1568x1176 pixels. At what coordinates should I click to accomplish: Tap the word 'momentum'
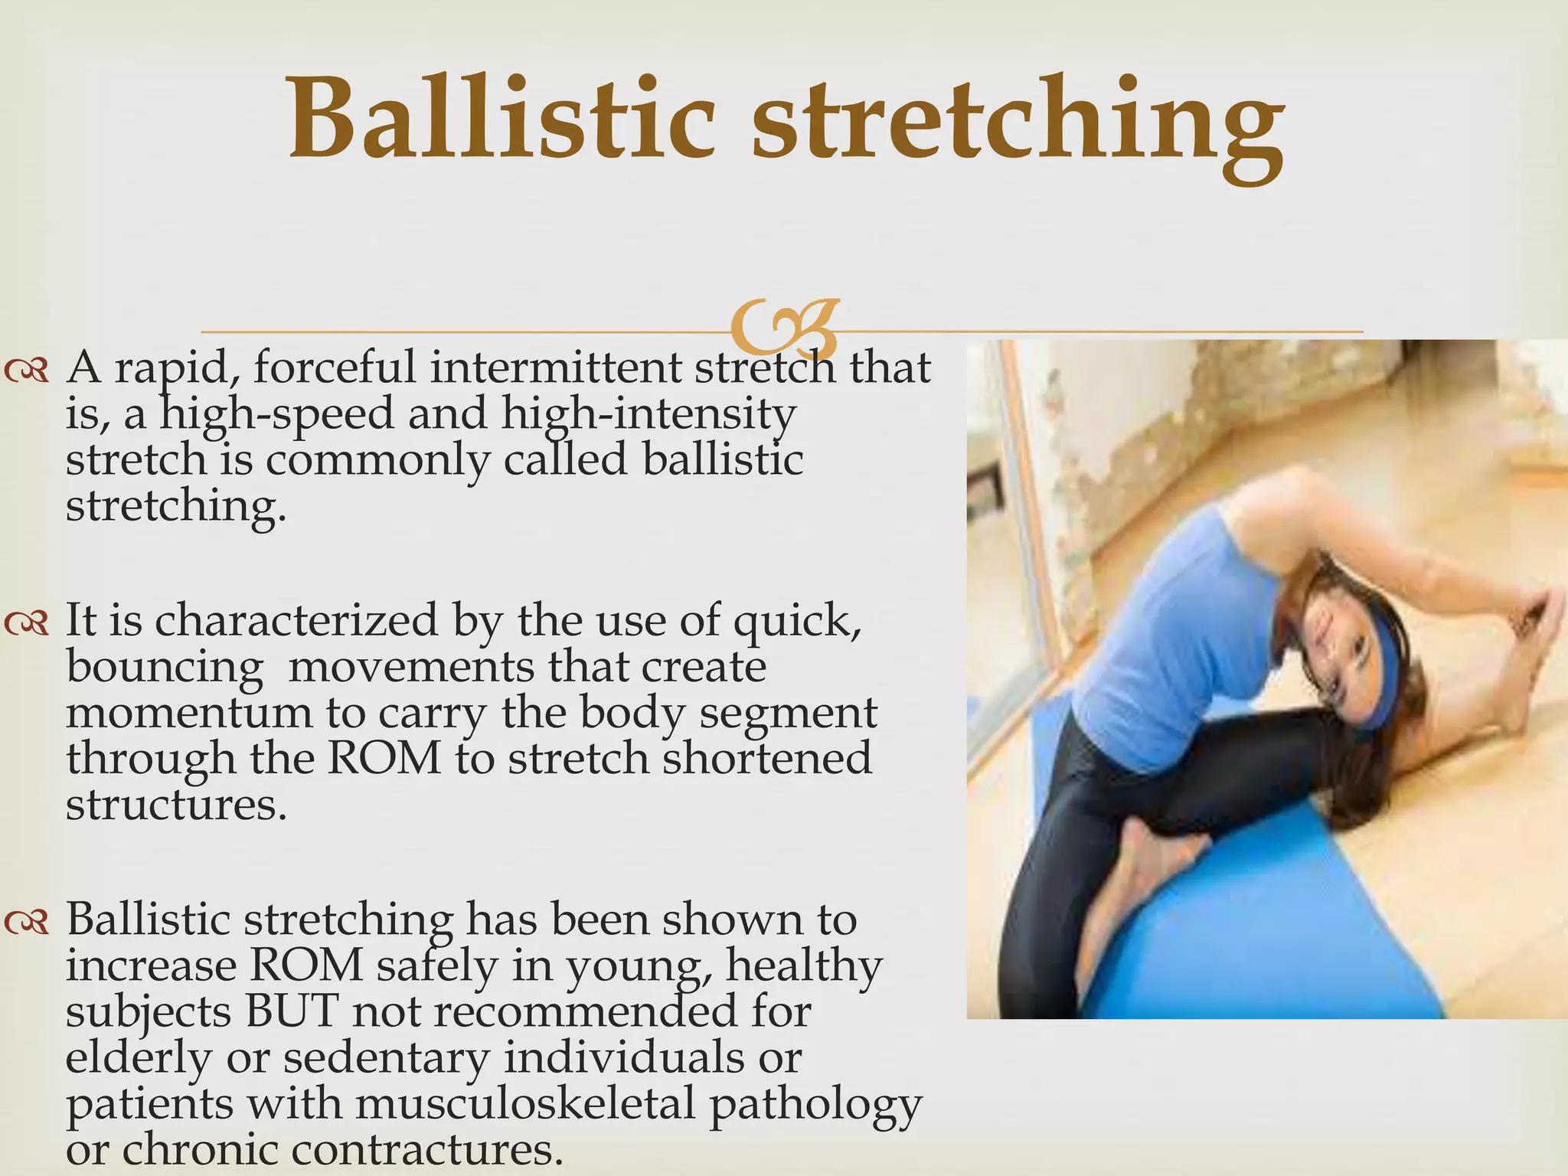188,714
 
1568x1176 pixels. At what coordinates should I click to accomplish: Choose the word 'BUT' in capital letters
292,1012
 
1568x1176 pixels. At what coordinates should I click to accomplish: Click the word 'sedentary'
386,1059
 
